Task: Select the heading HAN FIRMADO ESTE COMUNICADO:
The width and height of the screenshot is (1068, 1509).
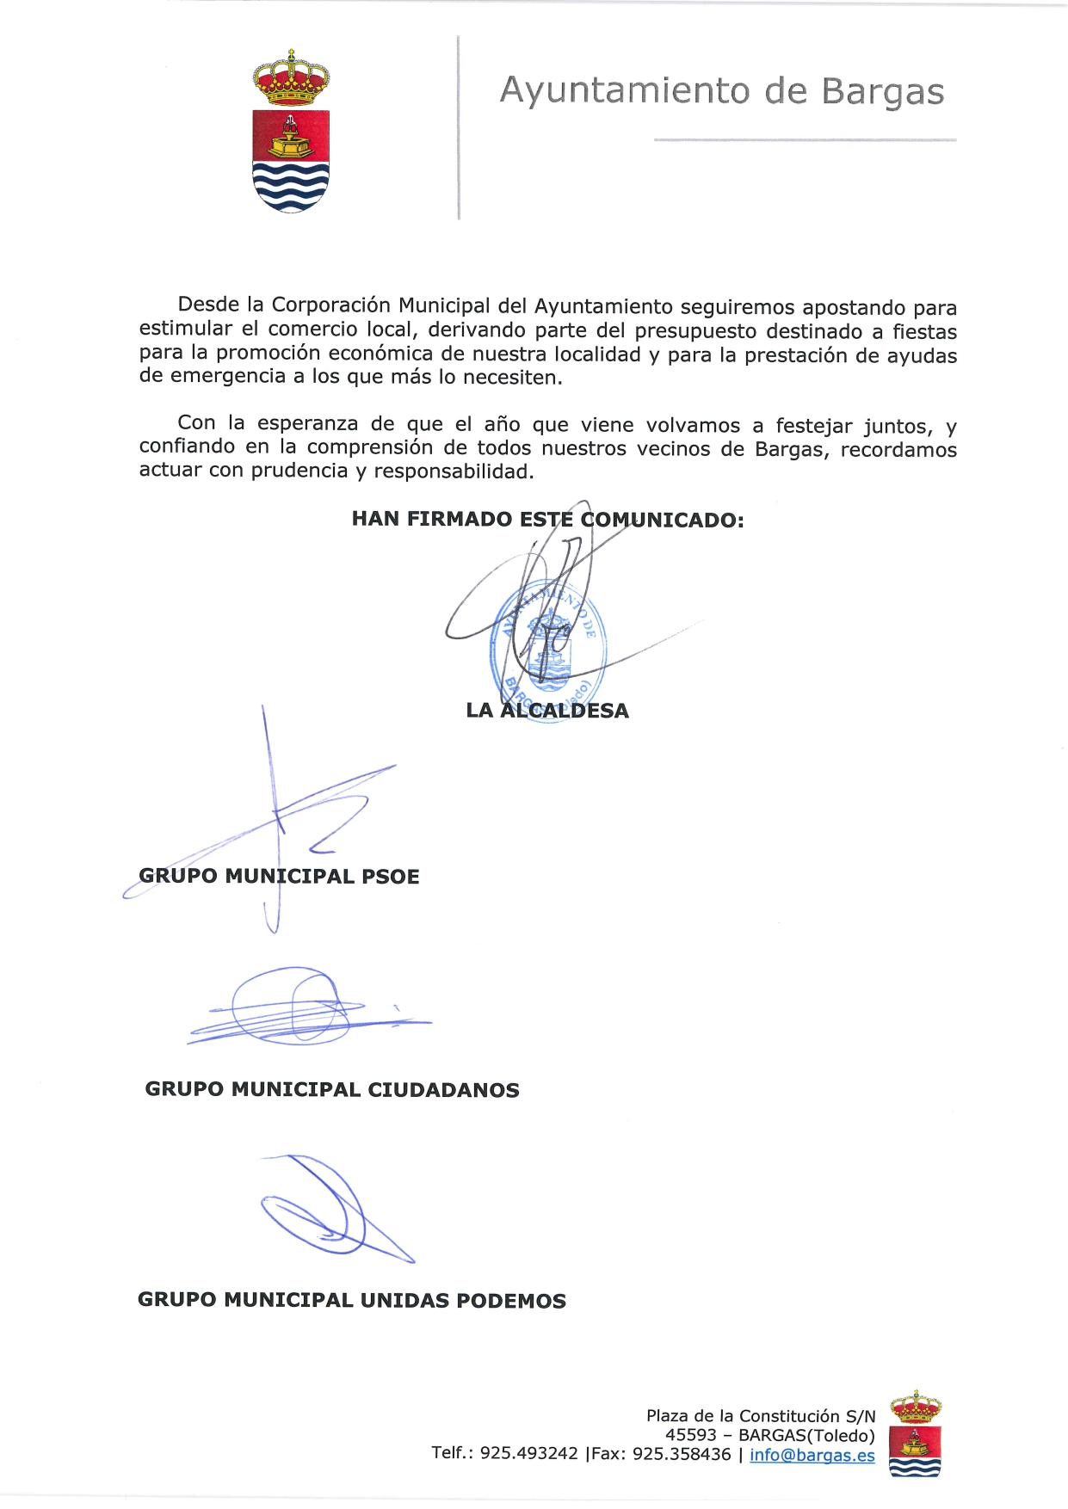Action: click(547, 520)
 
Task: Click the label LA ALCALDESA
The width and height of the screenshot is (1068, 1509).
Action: click(547, 711)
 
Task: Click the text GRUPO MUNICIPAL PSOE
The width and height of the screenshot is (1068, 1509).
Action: click(279, 877)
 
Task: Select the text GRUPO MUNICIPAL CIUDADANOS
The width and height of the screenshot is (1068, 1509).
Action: click(332, 1090)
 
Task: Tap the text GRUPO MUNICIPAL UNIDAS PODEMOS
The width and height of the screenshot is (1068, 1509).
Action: click(351, 1300)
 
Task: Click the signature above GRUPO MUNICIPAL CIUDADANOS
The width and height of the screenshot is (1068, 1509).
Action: click(301, 1008)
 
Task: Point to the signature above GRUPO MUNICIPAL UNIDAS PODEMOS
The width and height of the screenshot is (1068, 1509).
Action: click(331, 1209)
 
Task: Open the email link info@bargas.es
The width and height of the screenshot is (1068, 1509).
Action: click(812, 1455)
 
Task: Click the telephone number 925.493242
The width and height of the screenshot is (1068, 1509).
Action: click(528, 1454)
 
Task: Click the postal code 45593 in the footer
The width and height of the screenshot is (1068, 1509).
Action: click(690, 1435)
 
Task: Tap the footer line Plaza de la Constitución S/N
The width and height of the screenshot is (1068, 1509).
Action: click(761, 1416)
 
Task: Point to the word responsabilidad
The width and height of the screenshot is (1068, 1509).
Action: click(453, 471)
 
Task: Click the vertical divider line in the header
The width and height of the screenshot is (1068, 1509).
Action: click(459, 127)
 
